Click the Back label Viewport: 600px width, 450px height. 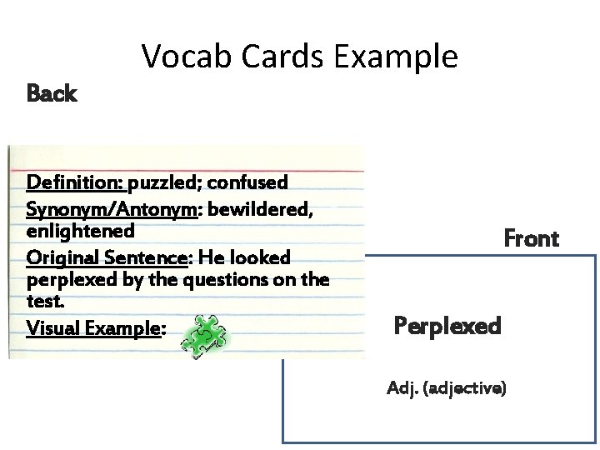coord(52,93)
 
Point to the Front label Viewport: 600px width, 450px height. coord(531,239)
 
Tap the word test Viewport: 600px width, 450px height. coord(44,300)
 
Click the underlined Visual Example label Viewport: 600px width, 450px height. coord(94,328)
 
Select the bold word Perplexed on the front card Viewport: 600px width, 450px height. coord(447,325)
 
